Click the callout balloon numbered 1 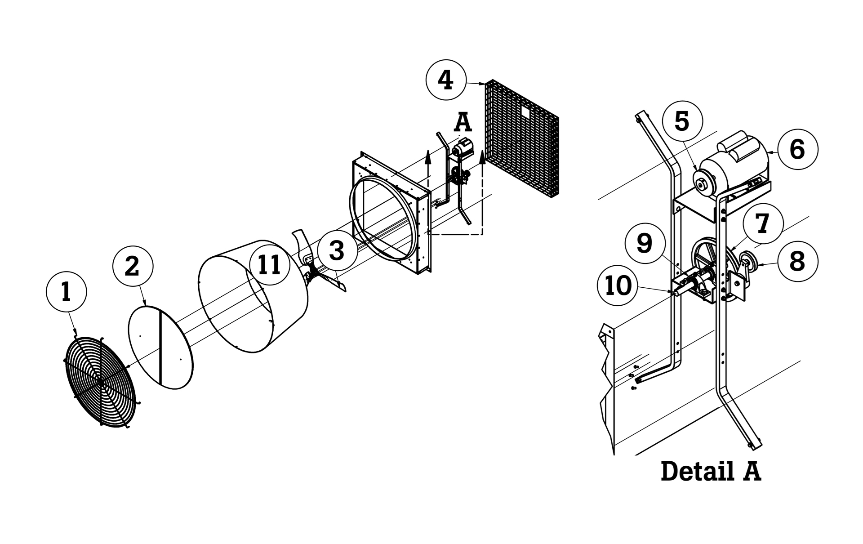(66, 292)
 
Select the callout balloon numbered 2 (132, 266)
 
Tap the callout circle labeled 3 (337, 250)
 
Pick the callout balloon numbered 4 (446, 80)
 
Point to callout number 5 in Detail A (682, 121)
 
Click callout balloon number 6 (797, 149)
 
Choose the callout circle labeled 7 (763, 223)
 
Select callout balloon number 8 (797, 262)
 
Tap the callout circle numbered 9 (645, 243)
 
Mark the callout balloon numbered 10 (618, 285)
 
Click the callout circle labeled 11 (270, 264)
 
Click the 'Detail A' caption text (711, 472)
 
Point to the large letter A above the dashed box (463, 122)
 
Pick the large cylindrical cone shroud (254, 297)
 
